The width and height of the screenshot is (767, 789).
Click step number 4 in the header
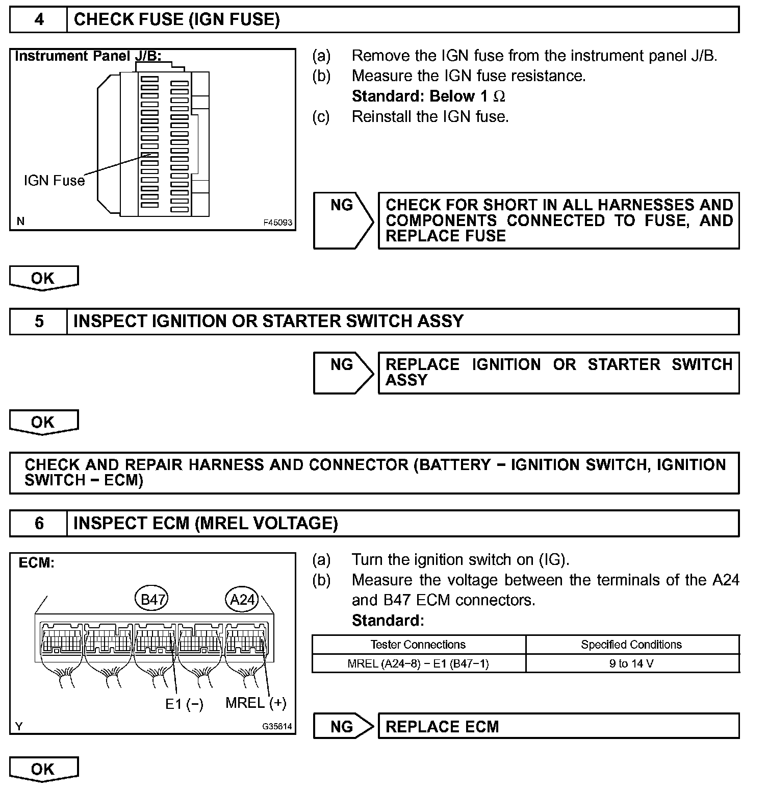point(39,20)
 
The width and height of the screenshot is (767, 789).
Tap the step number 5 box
point(39,322)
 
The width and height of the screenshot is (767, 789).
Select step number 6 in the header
point(39,523)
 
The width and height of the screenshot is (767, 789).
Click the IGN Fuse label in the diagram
point(54,181)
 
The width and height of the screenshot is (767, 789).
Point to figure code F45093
point(277,223)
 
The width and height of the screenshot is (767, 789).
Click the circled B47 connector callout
point(151,599)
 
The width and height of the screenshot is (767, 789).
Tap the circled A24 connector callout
point(242,599)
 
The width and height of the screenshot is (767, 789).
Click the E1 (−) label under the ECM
point(184,704)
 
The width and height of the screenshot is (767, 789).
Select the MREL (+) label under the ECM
point(255,703)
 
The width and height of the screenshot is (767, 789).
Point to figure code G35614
point(277,726)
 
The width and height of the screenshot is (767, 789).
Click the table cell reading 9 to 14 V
point(631,663)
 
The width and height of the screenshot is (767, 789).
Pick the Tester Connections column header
point(418,645)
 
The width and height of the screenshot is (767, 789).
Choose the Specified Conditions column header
point(631,645)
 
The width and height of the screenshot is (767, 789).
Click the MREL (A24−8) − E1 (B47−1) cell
point(418,663)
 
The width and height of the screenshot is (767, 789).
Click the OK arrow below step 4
point(43,279)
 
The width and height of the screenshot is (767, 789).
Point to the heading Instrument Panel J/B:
point(88,56)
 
